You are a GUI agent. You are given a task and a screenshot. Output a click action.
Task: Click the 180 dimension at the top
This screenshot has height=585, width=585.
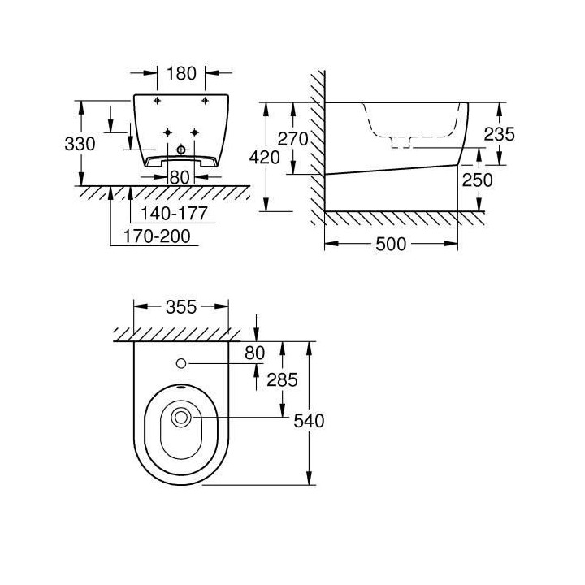(181, 73)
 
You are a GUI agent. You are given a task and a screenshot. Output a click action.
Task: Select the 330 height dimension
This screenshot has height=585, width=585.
(80, 144)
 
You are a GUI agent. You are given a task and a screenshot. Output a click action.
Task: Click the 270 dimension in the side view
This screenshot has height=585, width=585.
(293, 139)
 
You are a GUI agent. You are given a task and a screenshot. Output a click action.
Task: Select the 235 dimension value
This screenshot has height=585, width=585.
(498, 135)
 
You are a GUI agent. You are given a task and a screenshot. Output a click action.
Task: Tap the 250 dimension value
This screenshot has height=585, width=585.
(499, 180)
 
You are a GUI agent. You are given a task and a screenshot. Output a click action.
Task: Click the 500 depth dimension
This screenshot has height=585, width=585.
(392, 245)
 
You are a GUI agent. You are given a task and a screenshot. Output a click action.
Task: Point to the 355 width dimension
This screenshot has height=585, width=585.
(180, 307)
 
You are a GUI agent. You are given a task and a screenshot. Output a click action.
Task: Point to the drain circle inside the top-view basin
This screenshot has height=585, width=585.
(181, 418)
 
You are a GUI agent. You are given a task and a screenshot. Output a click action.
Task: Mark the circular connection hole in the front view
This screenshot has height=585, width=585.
(181, 149)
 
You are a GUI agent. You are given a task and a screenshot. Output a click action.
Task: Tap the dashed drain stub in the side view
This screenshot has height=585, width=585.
(401, 142)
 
